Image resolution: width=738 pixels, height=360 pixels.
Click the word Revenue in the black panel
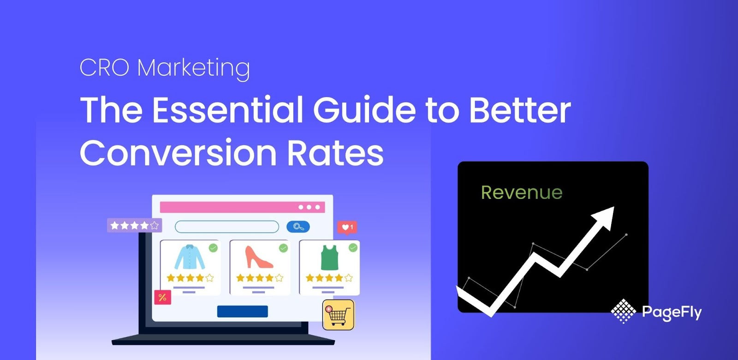[x=522, y=192]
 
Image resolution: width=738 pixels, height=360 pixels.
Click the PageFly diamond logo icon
[x=623, y=311]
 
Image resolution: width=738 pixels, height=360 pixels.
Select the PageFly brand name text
[x=672, y=312]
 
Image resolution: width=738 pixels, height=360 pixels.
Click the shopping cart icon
[x=339, y=315]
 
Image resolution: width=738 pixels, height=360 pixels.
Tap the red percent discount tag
[x=163, y=297]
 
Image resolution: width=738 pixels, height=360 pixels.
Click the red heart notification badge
[x=347, y=228]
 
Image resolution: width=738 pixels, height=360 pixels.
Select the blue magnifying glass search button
[x=298, y=227]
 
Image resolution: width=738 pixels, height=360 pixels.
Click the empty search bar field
[x=226, y=227]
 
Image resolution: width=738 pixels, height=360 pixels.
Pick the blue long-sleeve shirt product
[x=190, y=257]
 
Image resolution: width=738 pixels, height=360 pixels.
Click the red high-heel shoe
[x=259, y=257]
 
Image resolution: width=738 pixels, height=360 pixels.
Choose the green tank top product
[x=329, y=257]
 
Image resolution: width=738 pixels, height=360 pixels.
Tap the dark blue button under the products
[x=243, y=311]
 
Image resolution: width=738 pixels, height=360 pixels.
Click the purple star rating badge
[x=134, y=226]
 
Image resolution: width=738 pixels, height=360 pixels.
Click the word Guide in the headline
[x=364, y=110]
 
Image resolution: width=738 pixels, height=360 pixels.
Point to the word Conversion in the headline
[x=178, y=153]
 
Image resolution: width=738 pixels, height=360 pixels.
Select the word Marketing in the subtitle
[x=193, y=68]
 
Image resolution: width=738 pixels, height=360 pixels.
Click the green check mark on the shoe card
[x=283, y=248]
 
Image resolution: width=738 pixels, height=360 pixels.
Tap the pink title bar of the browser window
[x=243, y=207]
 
